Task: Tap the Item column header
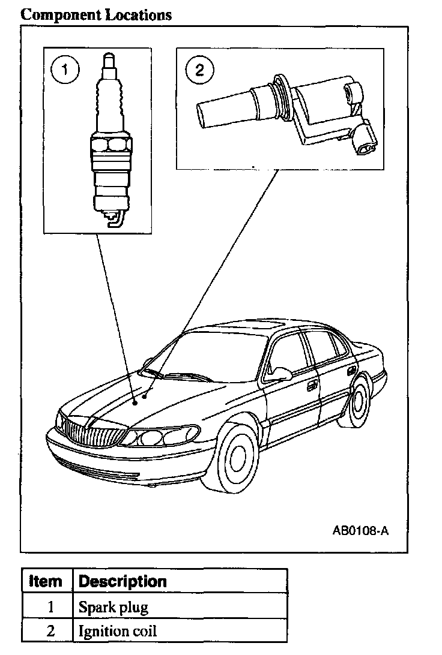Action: click(x=46, y=581)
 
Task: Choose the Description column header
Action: click(x=123, y=581)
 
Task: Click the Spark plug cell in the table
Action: click(x=114, y=606)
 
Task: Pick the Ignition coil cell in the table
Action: click(x=118, y=631)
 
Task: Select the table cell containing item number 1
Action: click(x=50, y=606)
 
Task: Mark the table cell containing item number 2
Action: click(x=50, y=631)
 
